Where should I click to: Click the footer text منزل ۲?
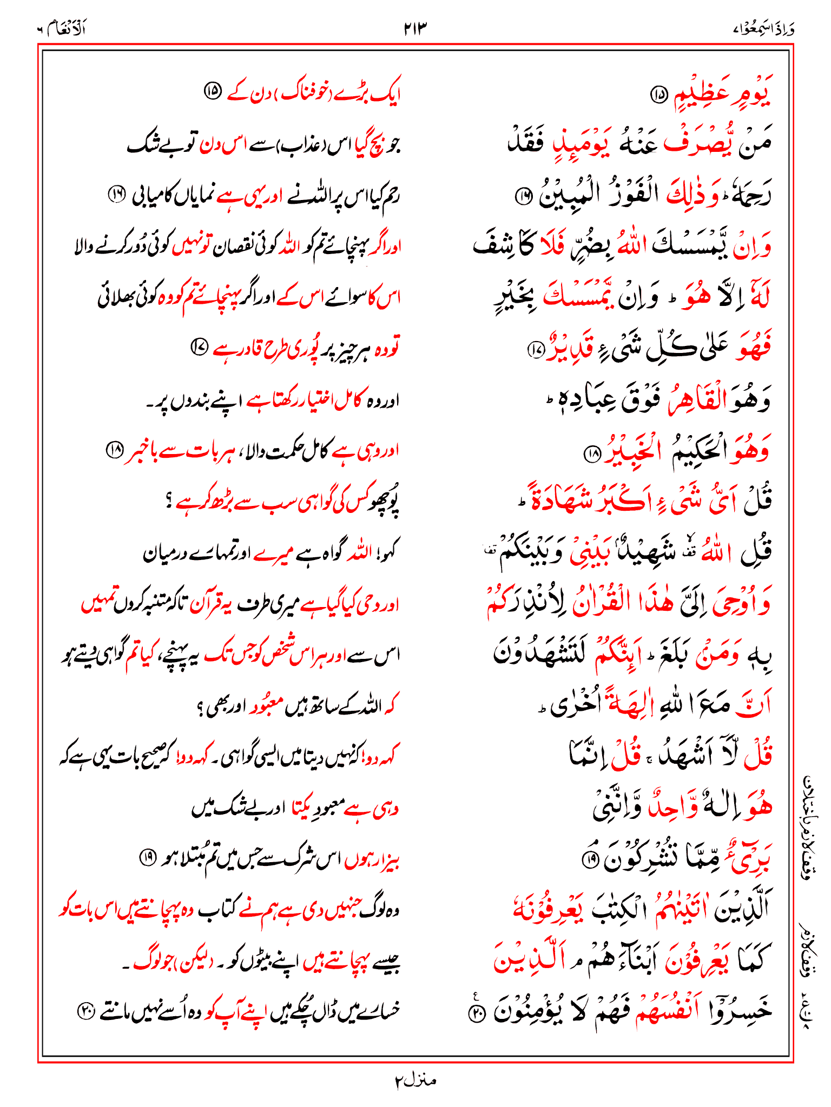[x=415, y=1081]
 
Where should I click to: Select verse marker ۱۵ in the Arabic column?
[x=659, y=95]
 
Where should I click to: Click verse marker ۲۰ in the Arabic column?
[x=477, y=1012]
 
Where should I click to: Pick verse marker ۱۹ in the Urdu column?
[x=147, y=857]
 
